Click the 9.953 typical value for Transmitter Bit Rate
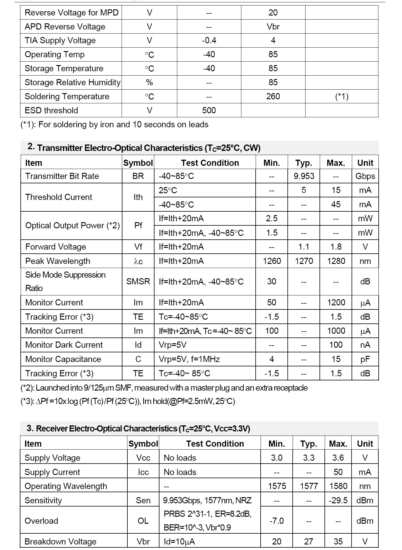pyautogui.click(x=304, y=176)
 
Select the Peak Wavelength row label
pyautogui.click(x=58, y=261)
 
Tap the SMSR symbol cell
pyautogui.click(x=138, y=281)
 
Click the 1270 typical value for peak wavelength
pyautogui.click(x=304, y=261)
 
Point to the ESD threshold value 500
pyautogui.click(x=209, y=110)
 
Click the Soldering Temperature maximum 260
pyautogui.click(x=273, y=96)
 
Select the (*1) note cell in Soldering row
pyautogui.click(x=342, y=96)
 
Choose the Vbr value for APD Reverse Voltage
pyautogui.click(x=273, y=27)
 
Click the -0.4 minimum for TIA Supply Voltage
pyautogui.click(x=209, y=40)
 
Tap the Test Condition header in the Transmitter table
pyautogui.click(x=210, y=163)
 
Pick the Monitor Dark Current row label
pyautogui.click(x=64, y=345)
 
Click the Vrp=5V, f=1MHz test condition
pyautogui.click(x=189, y=359)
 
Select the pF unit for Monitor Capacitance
pyautogui.click(x=365, y=359)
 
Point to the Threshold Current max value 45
pyautogui.click(x=336, y=204)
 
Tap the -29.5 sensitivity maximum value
pyautogui.click(x=338, y=500)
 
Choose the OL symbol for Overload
pyautogui.click(x=143, y=521)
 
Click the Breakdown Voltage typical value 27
pyautogui.click(x=308, y=542)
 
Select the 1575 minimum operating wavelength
pyautogui.click(x=277, y=486)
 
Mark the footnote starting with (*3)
pyautogui.click(x=128, y=401)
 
